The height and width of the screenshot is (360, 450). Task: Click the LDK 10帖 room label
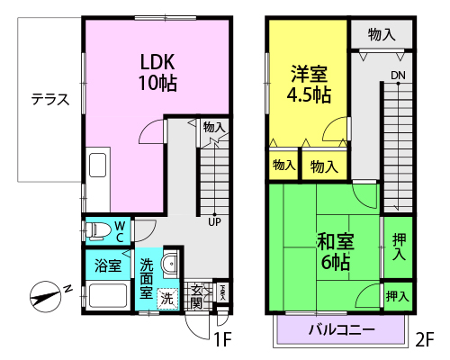click(x=157, y=73)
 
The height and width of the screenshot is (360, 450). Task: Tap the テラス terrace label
click(x=50, y=99)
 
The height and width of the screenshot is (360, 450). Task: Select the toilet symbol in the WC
click(x=96, y=231)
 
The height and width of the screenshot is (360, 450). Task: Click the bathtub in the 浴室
click(x=108, y=296)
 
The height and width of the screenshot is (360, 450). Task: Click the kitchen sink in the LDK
click(x=98, y=166)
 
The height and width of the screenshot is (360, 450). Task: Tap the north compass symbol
click(x=47, y=297)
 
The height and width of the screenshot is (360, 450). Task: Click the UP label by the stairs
click(x=214, y=222)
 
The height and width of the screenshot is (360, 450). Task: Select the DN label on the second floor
click(x=398, y=76)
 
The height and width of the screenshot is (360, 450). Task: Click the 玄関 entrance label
click(x=197, y=297)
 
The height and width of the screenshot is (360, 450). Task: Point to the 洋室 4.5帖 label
click(x=309, y=84)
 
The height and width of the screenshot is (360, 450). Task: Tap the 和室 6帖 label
click(x=336, y=252)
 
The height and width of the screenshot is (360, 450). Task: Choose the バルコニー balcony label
click(x=342, y=330)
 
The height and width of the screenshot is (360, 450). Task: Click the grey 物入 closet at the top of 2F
click(x=382, y=34)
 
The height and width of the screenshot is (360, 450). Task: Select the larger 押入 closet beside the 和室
click(x=399, y=247)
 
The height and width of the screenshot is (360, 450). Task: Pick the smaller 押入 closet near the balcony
click(x=399, y=296)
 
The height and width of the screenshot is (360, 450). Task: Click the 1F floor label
click(x=222, y=339)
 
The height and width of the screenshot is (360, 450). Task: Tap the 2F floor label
click(x=425, y=339)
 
